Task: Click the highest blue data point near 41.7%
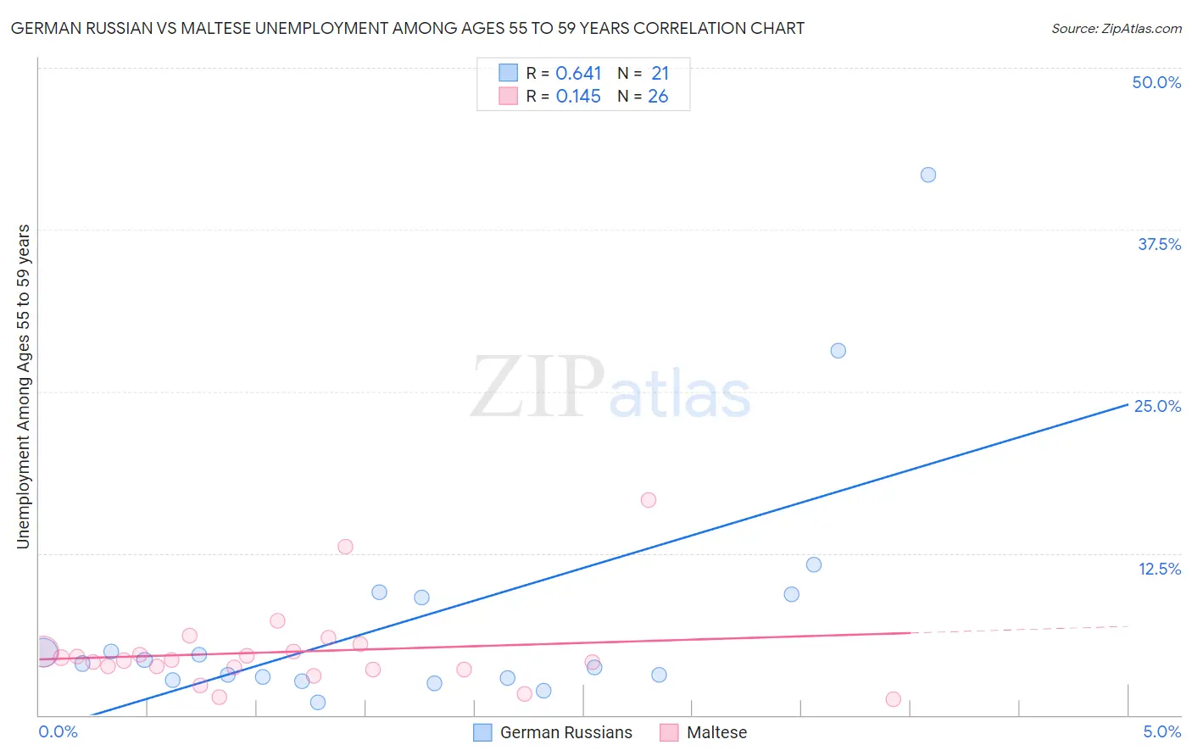click(x=928, y=175)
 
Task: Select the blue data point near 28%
click(x=838, y=351)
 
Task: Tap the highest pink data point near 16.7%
click(x=649, y=500)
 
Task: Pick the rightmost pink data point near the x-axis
click(x=893, y=699)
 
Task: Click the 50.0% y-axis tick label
click(x=1156, y=82)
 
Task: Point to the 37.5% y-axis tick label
click(x=1159, y=244)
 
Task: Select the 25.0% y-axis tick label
click(x=1157, y=406)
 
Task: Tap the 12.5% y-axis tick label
click(x=1159, y=569)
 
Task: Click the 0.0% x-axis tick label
click(x=58, y=731)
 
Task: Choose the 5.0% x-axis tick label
click(x=1161, y=731)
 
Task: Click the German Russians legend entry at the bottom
click(x=565, y=732)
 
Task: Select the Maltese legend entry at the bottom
click(x=716, y=732)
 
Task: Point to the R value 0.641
click(x=578, y=74)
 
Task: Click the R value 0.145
click(x=578, y=97)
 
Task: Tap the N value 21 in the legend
click(x=660, y=74)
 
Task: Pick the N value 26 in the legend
click(x=658, y=97)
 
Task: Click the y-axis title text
click(x=23, y=386)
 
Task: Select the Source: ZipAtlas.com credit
click(x=1116, y=29)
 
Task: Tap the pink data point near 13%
click(x=345, y=547)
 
